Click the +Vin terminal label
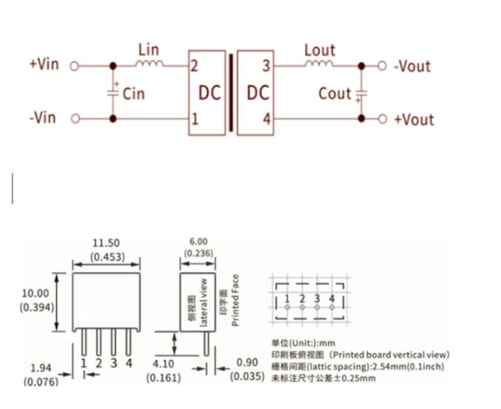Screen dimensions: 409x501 coord(44,64)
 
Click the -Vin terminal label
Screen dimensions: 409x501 coord(43,118)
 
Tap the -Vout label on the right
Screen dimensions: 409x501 coord(412,66)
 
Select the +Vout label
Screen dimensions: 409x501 coord(413,119)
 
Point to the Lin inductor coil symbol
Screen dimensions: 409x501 coord(148,63)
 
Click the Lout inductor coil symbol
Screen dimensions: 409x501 coord(319,63)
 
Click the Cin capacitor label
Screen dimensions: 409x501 coord(134,93)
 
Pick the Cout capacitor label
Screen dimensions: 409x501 coord(335,93)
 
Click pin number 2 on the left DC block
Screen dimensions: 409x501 coord(194,66)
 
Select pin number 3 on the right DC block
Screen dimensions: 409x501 coord(266,66)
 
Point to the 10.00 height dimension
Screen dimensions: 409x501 coord(35,293)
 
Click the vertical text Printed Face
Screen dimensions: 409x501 coord(236,300)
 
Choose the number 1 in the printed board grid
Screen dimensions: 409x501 coord(286,297)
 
